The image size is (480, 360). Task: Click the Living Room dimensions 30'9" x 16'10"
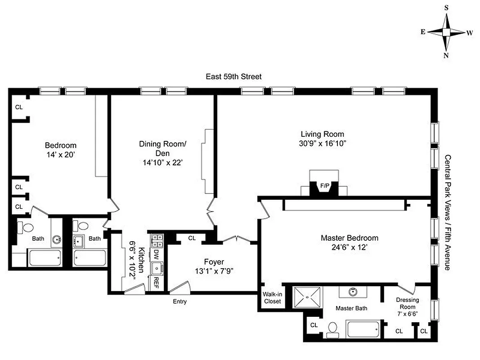coord(322,144)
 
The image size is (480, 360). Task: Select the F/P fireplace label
coord(324,185)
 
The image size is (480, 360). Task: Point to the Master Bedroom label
coord(349,238)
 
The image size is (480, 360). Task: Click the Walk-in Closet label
coord(272,297)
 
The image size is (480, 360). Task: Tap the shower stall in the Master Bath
coord(308,297)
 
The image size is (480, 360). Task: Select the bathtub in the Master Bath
coord(363,329)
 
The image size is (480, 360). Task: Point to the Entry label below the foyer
coord(179,301)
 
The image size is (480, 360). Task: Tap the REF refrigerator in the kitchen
coord(156,283)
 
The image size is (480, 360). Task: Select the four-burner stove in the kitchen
coord(157,241)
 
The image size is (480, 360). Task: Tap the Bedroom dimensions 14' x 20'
coord(60,155)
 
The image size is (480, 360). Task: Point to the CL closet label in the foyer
coord(192,238)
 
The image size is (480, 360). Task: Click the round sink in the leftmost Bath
coord(56,239)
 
